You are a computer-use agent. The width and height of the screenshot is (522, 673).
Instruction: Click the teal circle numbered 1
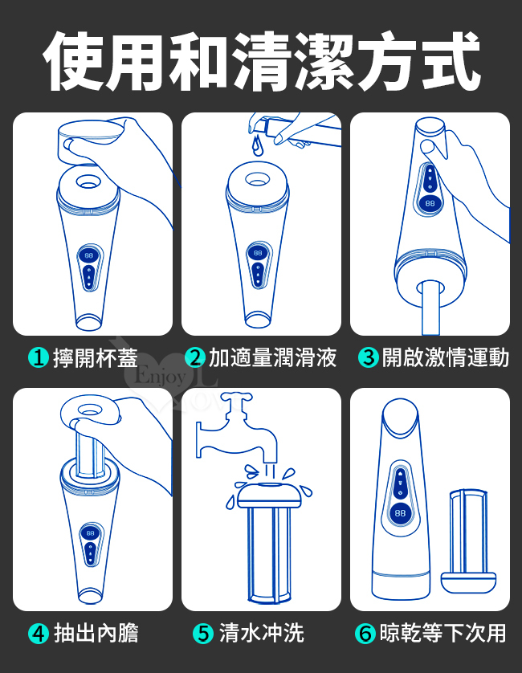pyautogui.click(x=39, y=357)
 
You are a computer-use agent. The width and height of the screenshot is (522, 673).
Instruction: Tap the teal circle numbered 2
pyautogui.click(x=195, y=357)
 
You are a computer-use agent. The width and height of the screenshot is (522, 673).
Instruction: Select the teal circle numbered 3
pyautogui.click(x=369, y=357)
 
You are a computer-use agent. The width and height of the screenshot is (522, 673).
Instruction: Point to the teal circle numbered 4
pyautogui.click(x=39, y=634)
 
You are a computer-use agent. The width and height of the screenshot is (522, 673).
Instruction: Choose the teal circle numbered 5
pyautogui.click(x=203, y=634)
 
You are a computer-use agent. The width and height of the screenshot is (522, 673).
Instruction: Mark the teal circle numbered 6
pyautogui.click(x=365, y=634)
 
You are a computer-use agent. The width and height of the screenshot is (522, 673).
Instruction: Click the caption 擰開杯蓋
pyautogui.click(x=96, y=357)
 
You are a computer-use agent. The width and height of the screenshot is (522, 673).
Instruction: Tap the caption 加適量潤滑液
pyautogui.click(x=272, y=357)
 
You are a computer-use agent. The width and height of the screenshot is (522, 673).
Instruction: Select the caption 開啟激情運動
pyautogui.click(x=446, y=357)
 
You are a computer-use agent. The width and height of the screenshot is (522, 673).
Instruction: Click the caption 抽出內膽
pyautogui.click(x=96, y=634)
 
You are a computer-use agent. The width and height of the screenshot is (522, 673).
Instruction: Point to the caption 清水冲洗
pyautogui.click(x=262, y=634)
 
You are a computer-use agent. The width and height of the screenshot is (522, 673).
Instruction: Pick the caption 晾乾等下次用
pyautogui.click(x=442, y=634)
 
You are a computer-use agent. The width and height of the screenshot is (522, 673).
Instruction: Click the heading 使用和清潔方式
pyautogui.click(x=261, y=60)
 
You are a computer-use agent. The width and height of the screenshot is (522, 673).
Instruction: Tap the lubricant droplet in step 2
pyautogui.click(x=257, y=145)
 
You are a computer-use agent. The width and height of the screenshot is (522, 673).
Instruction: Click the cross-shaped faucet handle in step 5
pyautogui.click(x=234, y=401)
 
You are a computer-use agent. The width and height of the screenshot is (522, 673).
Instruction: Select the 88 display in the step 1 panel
pyautogui.click(x=88, y=255)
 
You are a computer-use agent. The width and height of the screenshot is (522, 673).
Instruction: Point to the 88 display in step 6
pyautogui.click(x=400, y=513)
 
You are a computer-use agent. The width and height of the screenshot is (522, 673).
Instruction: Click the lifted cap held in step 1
pyautogui.click(x=89, y=142)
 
